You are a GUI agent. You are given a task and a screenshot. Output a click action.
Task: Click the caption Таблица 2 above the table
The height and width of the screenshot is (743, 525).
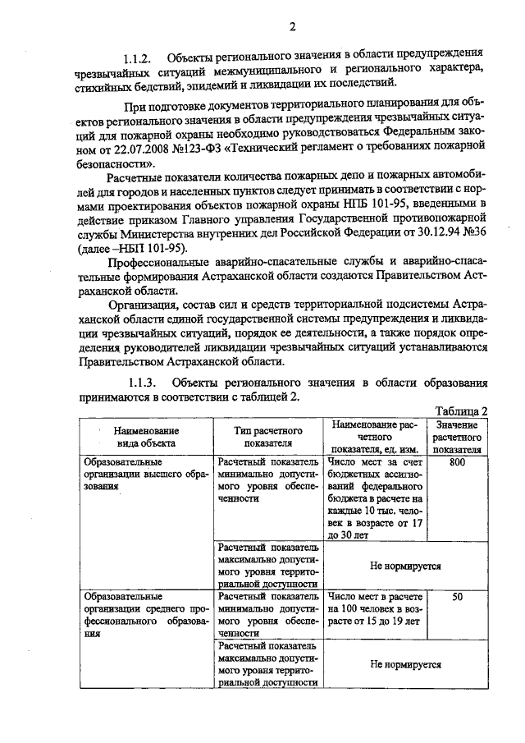pos(463,411)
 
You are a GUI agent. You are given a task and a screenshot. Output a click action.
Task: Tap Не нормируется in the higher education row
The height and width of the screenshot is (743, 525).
pos(405,566)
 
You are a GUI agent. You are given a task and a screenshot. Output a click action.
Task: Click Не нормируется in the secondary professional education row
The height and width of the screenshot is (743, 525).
pos(405,667)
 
